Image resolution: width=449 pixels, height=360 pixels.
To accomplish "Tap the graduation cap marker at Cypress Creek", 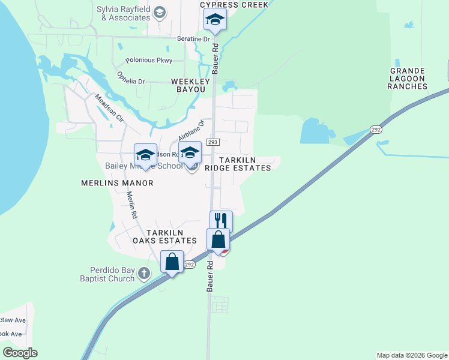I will coord(214,21).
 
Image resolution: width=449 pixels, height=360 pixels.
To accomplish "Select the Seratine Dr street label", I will coord(193,39).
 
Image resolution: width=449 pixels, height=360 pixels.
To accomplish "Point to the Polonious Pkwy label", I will coord(149,61).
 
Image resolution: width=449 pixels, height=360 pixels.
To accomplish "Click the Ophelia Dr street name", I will coord(131,78).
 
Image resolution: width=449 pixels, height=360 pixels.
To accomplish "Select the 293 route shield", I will coord(214,142).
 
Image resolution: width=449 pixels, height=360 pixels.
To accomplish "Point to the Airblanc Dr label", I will coord(191,130).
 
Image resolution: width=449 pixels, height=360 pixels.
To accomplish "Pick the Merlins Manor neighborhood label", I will coord(117,182).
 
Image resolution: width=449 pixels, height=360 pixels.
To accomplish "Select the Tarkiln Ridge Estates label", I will coord(238,164).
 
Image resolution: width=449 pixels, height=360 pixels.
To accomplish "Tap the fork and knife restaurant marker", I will coord(221,221).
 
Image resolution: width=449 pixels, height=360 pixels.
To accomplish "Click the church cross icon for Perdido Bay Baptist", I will coord(143,274).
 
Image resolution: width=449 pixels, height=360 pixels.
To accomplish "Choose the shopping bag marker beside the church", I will coord(172,262).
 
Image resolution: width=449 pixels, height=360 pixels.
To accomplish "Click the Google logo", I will coord(20,353).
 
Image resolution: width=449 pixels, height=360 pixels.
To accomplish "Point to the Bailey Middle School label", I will coord(136,166).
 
